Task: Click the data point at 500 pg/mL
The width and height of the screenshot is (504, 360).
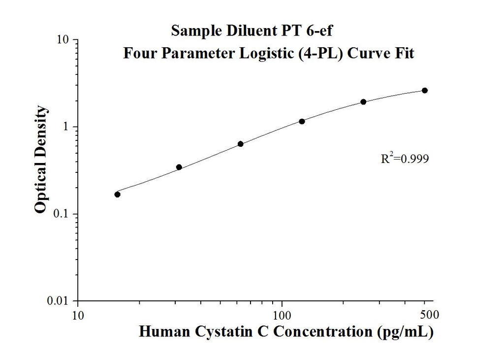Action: [425, 91]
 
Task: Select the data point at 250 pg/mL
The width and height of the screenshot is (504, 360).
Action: [363, 102]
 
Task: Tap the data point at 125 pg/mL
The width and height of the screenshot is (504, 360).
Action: [302, 121]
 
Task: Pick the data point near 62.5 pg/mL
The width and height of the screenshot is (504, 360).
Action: [240, 144]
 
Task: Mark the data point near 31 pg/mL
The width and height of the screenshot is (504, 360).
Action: [179, 167]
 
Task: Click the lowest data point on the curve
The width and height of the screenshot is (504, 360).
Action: [117, 194]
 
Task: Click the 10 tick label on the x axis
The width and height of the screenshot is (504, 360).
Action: [78, 314]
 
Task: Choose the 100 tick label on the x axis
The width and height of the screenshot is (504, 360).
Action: [282, 314]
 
